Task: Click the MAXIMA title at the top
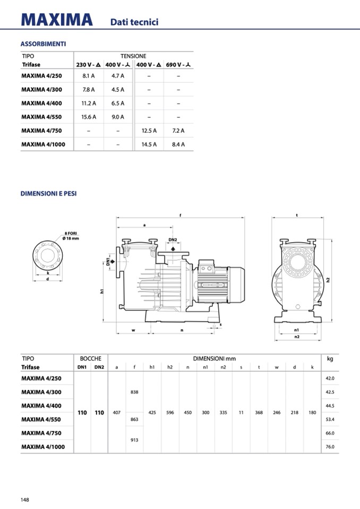click(57, 20)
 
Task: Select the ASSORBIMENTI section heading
click(43, 44)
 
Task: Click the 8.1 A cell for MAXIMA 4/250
click(89, 76)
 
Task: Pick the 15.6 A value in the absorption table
click(89, 117)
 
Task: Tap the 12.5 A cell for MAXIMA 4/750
click(149, 131)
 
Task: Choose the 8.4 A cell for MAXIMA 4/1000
click(178, 144)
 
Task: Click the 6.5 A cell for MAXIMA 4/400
click(118, 103)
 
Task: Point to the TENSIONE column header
click(133, 56)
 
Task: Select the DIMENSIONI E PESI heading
click(48, 194)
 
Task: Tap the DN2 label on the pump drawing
click(173, 240)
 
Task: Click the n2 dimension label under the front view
click(297, 337)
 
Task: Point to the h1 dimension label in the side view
click(101, 291)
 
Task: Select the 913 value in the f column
click(134, 439)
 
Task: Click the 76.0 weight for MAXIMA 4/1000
click(330, 447)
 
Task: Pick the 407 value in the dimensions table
click(117, 412)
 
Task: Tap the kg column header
click(330, 359)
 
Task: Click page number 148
click(25, 499)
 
